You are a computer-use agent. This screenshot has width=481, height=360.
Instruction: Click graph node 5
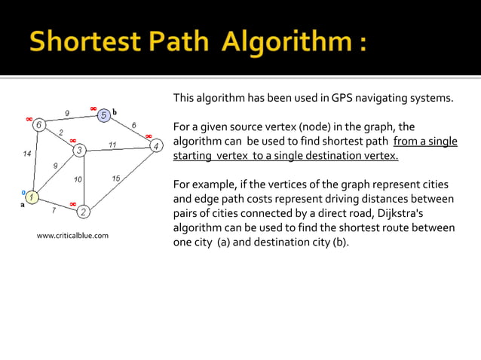pyautogui.click(x=104, y=114)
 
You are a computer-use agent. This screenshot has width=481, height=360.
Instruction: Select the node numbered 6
pyautogui.click(x=38, y=125)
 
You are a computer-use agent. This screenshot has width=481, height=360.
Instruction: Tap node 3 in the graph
pyautogui.click(x=79, y=151)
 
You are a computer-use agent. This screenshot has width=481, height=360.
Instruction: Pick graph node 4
pyautogui.click(x=155, y=145)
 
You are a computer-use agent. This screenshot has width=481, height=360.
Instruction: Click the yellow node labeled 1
pyautogui.click(x=33, y=198)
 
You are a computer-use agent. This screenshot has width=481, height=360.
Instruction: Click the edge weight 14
pyautogui.click(x=27, y=154)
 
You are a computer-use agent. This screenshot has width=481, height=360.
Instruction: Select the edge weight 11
pyautogui.click(x=112, y=144)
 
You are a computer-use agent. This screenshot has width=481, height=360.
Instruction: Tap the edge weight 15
pyautogui.click(x=115, y=178)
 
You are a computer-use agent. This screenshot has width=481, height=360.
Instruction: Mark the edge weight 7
pyautogui.click(x=53, y=210)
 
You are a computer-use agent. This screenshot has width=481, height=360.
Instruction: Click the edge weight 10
pyautogui.click(x=78, y=179)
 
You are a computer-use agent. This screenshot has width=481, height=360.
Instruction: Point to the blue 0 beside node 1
pyautogui.click(x=23, y=193)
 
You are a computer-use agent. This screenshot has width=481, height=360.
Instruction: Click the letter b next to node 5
pyautogui.click(x=115, y=112)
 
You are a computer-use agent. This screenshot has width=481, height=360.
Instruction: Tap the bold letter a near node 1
pyautogui.click(x=22, y=203)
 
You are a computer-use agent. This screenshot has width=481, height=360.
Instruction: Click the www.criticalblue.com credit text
pyautogui.click(x=72, y=236)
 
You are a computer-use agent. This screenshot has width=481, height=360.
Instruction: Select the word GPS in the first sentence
pyautogui.click(x=334, y=98)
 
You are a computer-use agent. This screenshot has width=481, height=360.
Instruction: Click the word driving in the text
pyautogui.click(x=344, y=199)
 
